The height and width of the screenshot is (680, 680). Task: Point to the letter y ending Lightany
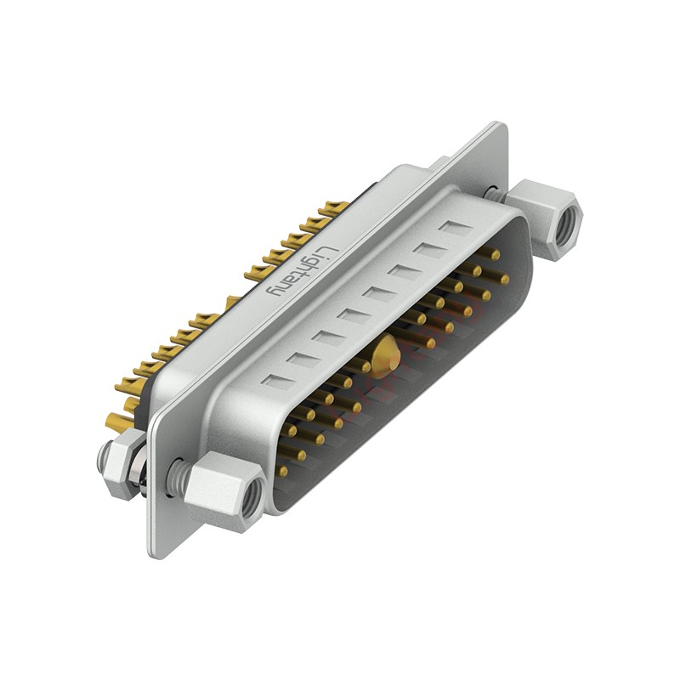tap(274, 292)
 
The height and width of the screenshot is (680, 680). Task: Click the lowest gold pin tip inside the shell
tap(283, 471)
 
